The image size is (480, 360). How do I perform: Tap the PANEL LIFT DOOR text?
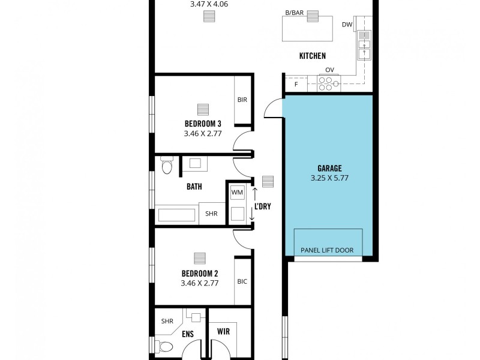point(328,250)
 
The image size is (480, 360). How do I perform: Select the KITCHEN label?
point(313,56)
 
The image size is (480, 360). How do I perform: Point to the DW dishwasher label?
point(346,25)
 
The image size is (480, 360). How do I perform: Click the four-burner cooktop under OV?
point(328,83)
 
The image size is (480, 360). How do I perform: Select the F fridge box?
point(296,85)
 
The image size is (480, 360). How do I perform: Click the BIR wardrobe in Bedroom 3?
point(242,100)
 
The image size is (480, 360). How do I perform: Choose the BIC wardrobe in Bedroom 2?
point(242,281)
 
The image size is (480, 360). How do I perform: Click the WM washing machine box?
point(236,193)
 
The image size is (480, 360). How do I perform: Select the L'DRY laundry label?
point(262,206)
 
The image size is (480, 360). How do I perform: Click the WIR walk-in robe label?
point(223,331)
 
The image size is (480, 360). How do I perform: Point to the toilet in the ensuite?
point(166,346)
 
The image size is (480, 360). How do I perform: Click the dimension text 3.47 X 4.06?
point(209,4)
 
